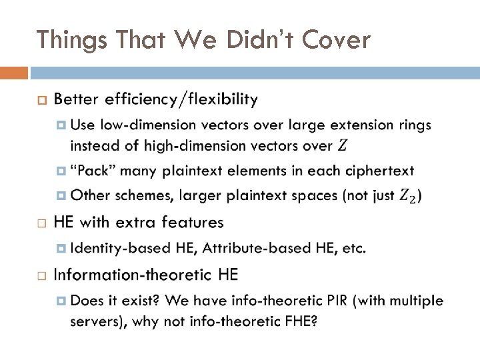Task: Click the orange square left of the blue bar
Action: [x=14, y=72]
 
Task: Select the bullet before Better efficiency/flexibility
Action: [x=41, y=101]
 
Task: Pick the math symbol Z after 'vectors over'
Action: [x=343, y=145]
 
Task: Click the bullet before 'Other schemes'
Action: [x=61, y=195]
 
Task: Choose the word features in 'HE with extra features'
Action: [x=194, y=222]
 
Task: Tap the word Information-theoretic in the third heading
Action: [x=133, y=275]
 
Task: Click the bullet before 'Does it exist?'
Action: [x=61, y=301]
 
